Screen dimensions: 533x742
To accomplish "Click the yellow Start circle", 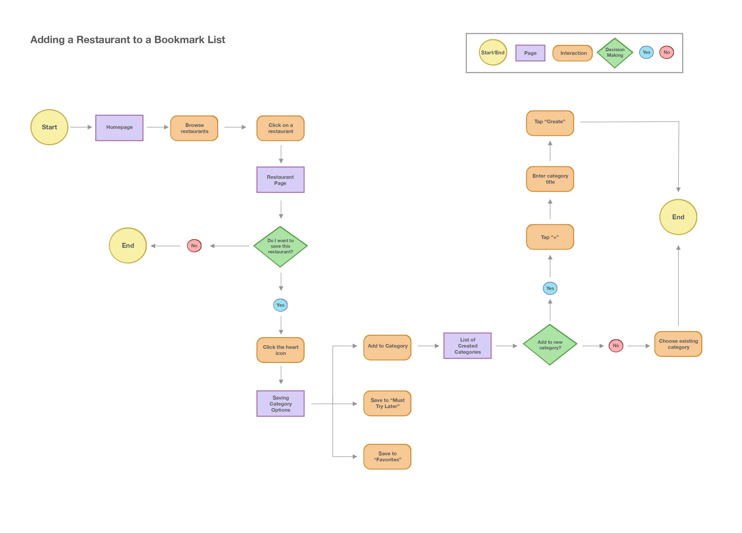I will pos(49,127).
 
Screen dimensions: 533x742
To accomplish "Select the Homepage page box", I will pos(119,128).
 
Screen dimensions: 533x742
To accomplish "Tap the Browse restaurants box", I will pos(194,128).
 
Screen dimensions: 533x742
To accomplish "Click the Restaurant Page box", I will pos(280,180).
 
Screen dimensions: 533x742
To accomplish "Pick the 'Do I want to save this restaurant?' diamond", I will pos(280,247).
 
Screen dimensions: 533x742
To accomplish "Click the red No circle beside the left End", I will pos(194,246).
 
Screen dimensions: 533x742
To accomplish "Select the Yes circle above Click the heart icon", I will pos(280,305).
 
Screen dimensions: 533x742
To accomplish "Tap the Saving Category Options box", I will pos(280,404).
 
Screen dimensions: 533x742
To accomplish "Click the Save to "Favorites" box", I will pos(387,457).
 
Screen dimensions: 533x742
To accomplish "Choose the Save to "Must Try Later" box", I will pos(387,403).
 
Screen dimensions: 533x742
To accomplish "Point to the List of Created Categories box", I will pos(467,346).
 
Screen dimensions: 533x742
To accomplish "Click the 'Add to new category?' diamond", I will pos(550,345).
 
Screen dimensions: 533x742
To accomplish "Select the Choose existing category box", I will pos(678,344).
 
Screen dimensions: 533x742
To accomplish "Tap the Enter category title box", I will pos(550,179).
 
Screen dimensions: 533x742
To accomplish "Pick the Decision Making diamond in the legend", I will pos(615,53).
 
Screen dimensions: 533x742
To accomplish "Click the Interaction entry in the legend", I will pos(573,53).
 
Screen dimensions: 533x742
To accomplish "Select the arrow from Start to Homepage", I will pos(81,127).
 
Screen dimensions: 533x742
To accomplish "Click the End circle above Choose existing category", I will pos(678,217).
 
